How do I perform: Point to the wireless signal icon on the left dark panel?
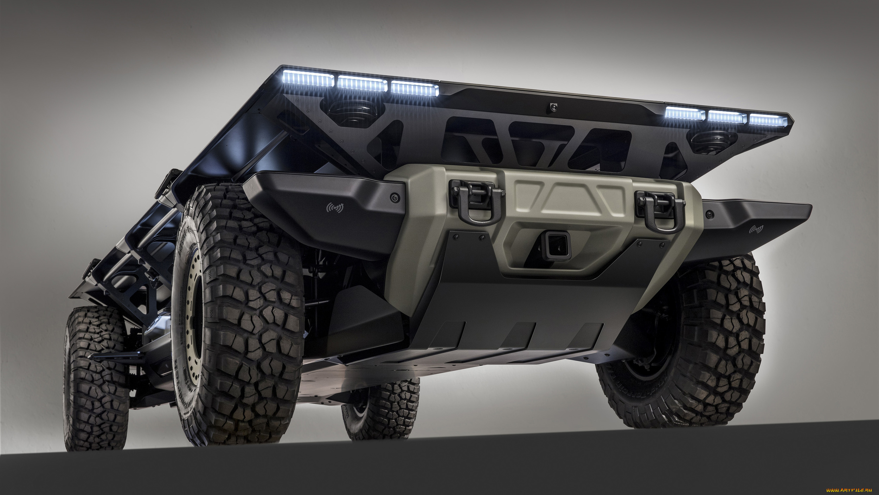pyautogui.click(x=335, y=208)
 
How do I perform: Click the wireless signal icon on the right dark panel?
pyautogui.click(x=756, y=230)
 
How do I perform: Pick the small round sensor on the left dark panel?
pyautogui.click(x=394, y=198)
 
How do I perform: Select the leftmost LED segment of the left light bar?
pyautogui.click(x=308, y=79)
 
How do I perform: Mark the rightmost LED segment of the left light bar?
pyautogui.click(x=415, y=89)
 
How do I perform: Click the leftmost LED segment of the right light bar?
pyautogui.click(x=685, y=113)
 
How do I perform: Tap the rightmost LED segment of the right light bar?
pyautogui.click(x=768, y=120)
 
